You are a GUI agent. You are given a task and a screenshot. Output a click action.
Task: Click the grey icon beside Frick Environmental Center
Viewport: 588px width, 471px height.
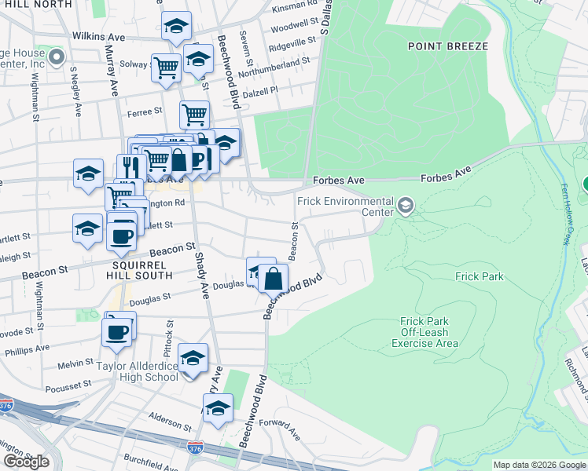pyautogui.click(x=406, y=206)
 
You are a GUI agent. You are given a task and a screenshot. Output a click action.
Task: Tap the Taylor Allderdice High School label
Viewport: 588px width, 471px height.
pyautogui.click(x=137, y=371)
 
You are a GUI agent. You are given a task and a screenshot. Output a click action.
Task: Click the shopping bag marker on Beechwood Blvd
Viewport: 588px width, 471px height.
pyautogui.click(x=273, y=279)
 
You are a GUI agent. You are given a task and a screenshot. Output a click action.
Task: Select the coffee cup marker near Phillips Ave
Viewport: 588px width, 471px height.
pyautogui.click(x=117, y=331)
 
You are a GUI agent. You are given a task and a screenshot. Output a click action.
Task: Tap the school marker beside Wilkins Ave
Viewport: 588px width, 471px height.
pyautogui.click(x=177, y=27)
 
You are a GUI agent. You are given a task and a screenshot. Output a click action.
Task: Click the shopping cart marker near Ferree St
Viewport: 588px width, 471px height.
pyautogui.click(x=194, y=115)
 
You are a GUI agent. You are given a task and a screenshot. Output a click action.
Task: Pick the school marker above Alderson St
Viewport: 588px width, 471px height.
pyautogui.click(x=218, y=408)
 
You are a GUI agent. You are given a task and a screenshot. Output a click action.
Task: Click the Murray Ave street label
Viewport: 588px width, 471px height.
pyautogui.click(x=112, y=71)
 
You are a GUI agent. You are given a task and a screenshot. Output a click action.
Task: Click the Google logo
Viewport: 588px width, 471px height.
pyautogui.click(x=26, y=462)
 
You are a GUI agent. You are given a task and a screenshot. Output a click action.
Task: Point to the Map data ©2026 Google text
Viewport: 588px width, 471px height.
pyautogui.click(x=539, y=465)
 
